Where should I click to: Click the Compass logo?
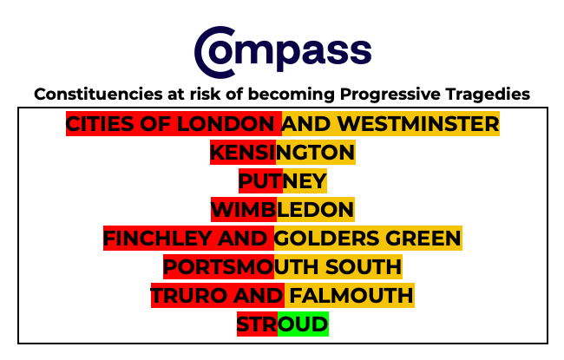click(x=283, y=52)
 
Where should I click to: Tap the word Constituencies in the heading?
click(x=98, y=95)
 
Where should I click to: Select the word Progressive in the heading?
click(x=390, y=95)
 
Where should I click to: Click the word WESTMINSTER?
click(x=418, y=124)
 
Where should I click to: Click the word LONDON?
click(x=226, y=124)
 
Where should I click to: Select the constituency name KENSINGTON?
click(x=283, y=153)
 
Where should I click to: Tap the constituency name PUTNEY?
click(x=283, y=181)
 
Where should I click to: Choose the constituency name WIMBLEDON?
click(x=283, y=210)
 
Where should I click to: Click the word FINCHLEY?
click(x=158, y=238)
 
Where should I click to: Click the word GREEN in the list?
click(x=423, y=238)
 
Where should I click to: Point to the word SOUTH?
click(x=364, y=267)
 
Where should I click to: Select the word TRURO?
click(x=189, y=295)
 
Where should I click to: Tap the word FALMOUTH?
click(x=351, y=295)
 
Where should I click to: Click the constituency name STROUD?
click(x=283, y=324)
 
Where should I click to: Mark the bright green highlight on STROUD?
click(x=303, y=324)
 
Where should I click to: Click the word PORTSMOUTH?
click(x=242, y=267)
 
